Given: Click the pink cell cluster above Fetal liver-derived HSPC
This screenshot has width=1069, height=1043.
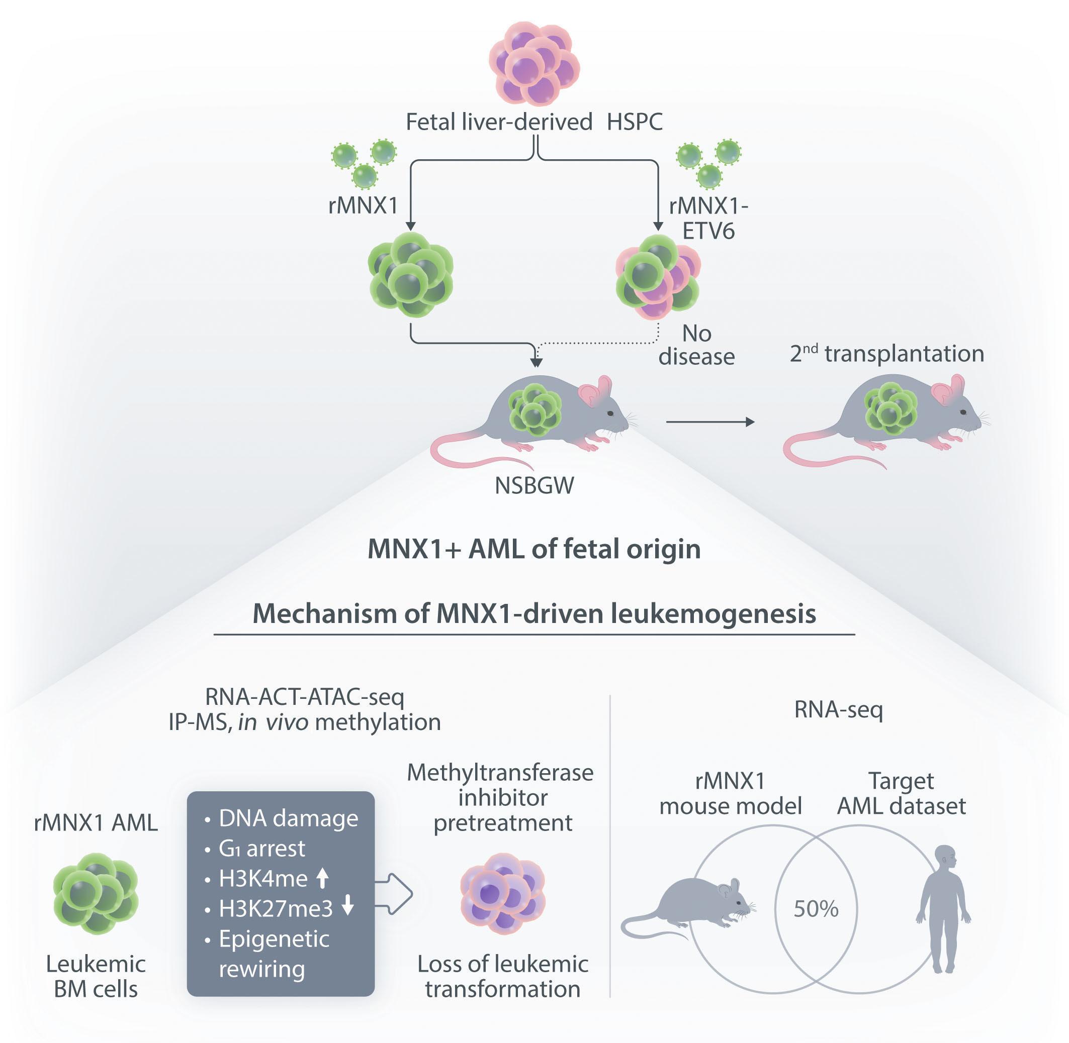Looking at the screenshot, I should [x=534, y=63].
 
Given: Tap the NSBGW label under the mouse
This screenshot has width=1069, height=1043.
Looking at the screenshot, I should [x=534, y=486].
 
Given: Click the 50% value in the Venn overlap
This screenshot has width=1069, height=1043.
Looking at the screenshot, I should [x=816, y=909].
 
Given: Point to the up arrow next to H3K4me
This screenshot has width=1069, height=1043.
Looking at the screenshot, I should [x=323, y=879].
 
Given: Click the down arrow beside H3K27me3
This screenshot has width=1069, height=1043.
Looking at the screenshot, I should [x=347, y=908].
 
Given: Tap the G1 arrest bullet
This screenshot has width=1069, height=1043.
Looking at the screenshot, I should [x=261, y=849].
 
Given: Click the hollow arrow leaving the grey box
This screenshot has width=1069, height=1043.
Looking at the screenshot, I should [x=394, y=894].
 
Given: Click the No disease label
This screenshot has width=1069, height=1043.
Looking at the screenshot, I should [x=696, y=345].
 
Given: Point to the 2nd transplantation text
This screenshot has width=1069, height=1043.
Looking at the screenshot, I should [x=886, y=354].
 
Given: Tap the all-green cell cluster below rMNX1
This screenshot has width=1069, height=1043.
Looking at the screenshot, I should [x=410, y=274].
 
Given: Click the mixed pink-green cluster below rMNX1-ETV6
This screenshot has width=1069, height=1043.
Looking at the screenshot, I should [x=658, y=277].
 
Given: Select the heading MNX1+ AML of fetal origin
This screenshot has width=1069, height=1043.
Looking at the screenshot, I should [x=534, y=549].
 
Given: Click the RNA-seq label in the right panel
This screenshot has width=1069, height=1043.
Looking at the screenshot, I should [x=838, y=710].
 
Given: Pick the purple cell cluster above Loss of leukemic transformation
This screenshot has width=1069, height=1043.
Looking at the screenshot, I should [x=502, y=893].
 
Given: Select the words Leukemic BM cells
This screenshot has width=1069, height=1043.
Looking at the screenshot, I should [x=96, y=976].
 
